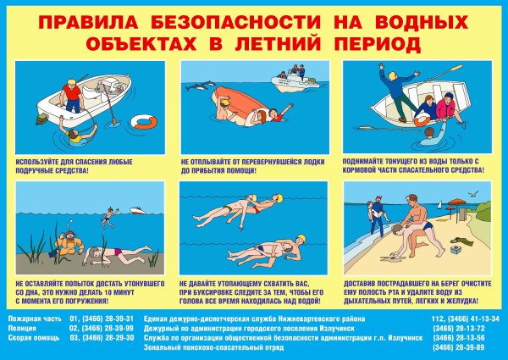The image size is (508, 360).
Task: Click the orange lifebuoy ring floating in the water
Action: click(146, 121)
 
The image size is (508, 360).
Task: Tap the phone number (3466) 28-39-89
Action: click(470, 347)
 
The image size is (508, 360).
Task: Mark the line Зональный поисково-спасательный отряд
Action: click(207, 347)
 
